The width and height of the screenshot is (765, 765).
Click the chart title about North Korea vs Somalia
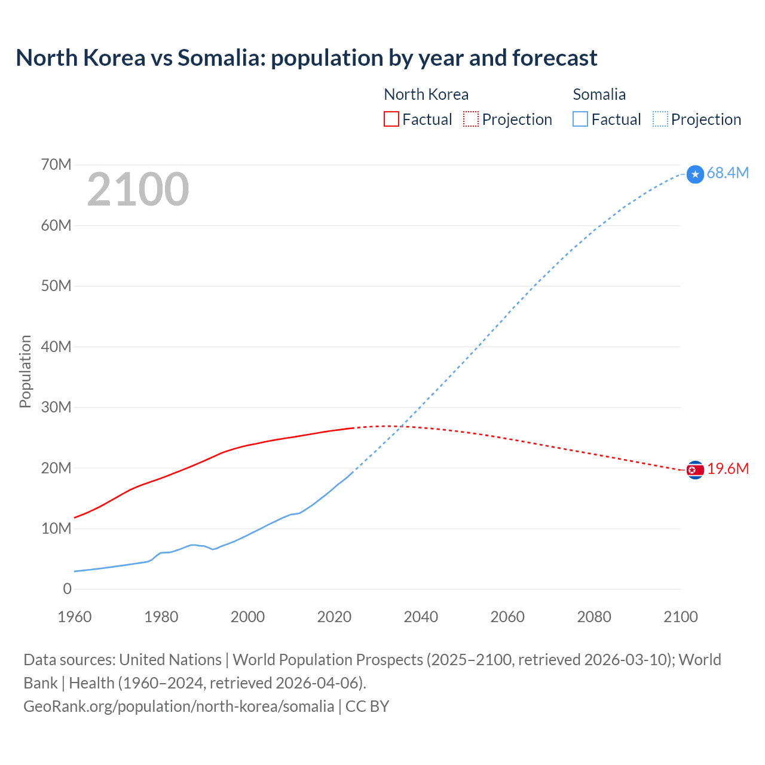coord(306,58)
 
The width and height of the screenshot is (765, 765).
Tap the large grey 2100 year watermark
coord(138,189)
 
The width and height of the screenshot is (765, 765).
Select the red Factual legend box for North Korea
coord(391,120)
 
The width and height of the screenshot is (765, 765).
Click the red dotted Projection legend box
coord(471,120)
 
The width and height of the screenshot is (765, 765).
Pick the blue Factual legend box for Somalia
coord(580,120)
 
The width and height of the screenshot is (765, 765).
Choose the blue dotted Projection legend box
coord(660,120)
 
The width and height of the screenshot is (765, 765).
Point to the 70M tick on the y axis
coord(56,164)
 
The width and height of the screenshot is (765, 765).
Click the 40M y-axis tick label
coord(56,347)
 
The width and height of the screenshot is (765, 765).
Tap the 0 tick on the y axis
coord(67,589)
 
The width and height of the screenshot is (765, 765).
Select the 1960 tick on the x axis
coord(75,617)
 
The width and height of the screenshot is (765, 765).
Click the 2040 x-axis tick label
coord(421,617)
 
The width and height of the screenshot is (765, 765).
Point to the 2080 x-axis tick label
coord(594,617)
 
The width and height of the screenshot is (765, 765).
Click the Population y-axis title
coord(25,371)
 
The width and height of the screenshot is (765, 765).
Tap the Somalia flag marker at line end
coord(695,174)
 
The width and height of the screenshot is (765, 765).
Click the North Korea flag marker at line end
coord(695,470)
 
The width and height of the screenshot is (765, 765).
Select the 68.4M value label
coord(727,173)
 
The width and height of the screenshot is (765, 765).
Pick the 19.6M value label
coord(727,469)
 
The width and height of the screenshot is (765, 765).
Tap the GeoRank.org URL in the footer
coord(179,706)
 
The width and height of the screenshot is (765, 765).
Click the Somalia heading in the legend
coord(599,94)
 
